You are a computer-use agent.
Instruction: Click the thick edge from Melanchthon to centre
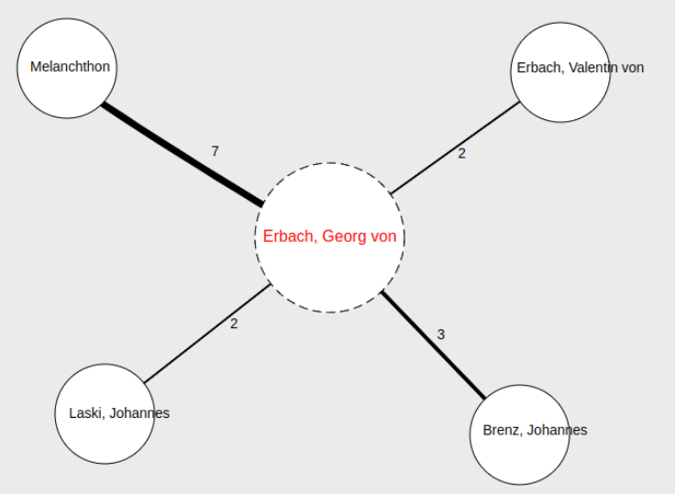click(x=183, y=154)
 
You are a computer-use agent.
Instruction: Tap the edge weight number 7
click(x=216, y=151)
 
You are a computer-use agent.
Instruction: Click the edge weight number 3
click(x=441, y=335)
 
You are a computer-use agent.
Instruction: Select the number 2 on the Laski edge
click(x=234, y=324)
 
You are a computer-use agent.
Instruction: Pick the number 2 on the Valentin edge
click(x=462, y=154)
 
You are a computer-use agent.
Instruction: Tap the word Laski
click(x=85, y=413)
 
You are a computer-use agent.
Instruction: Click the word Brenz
click(x=500, y=430)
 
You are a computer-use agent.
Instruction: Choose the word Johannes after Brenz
click(x=555, y=430)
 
